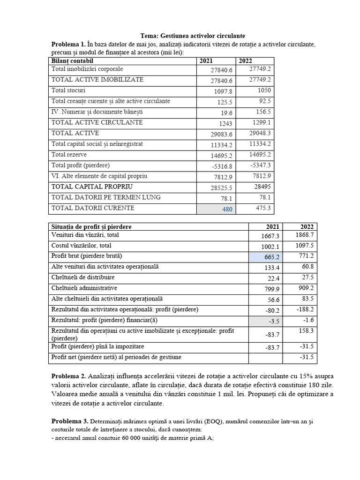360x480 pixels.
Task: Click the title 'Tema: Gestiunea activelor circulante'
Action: [193, 36]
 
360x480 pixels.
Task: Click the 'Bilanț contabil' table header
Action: [73, 61]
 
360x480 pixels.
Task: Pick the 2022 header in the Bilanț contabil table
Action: [245, 61]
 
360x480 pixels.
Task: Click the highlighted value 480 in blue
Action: [227, 209]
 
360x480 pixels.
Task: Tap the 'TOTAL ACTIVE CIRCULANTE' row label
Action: [97, 122]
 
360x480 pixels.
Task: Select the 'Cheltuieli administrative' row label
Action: [84, 288]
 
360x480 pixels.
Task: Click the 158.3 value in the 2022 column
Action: [305, 330]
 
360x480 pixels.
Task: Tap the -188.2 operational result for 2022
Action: [304, 310]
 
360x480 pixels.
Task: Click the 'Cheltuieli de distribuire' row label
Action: [82, 277]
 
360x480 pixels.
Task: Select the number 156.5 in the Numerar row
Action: [264, 112]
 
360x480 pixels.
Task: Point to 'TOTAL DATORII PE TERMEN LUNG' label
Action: [106, 197]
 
